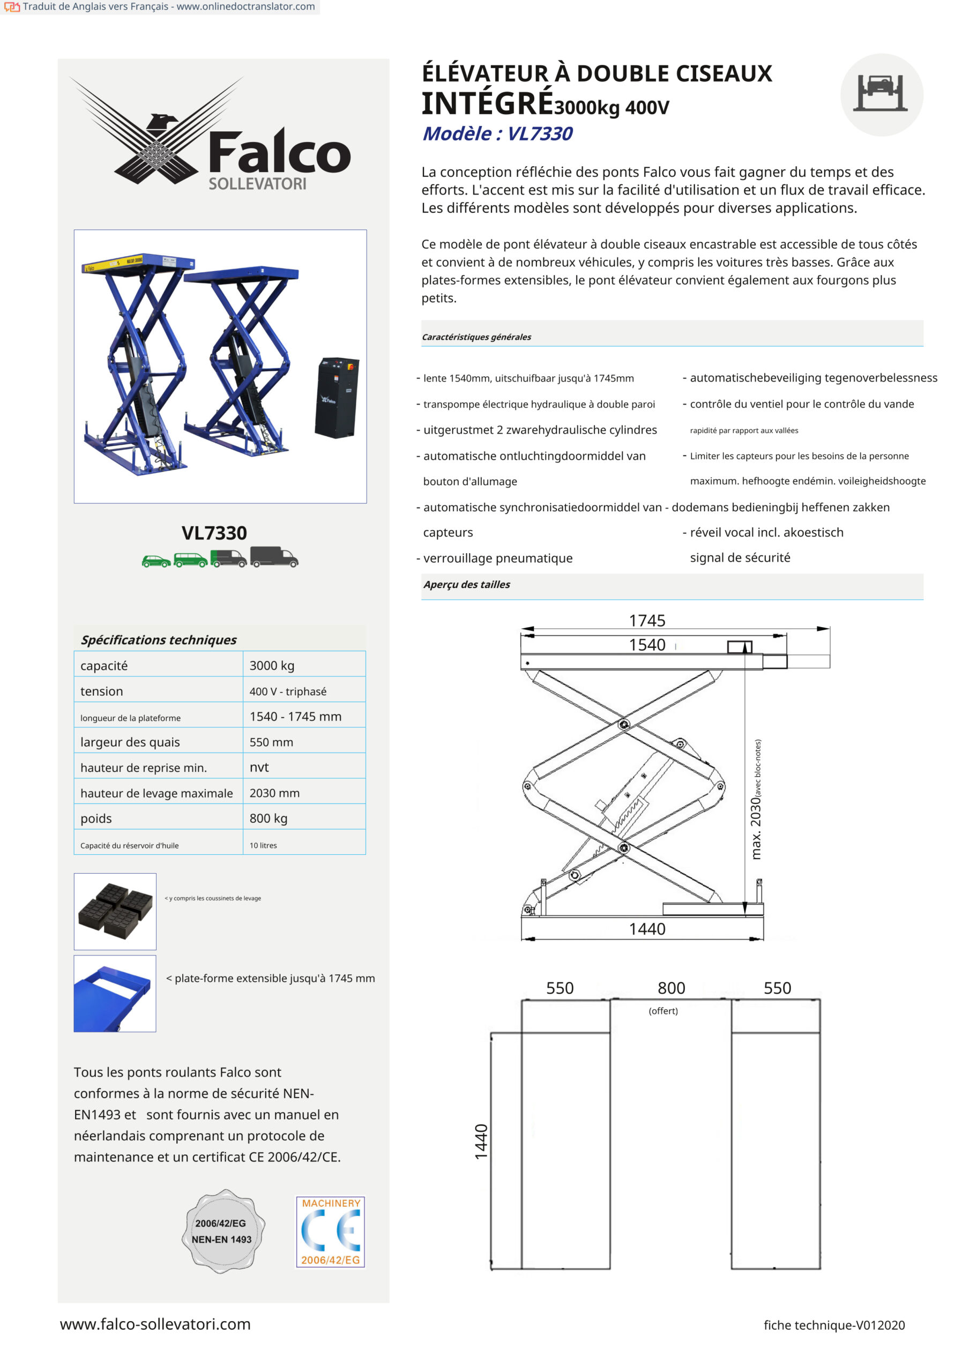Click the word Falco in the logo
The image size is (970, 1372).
(279, 153)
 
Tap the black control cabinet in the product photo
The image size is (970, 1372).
(337, 397)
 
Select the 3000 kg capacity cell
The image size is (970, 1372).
(272, 665)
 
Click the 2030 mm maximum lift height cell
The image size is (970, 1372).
(274, 793)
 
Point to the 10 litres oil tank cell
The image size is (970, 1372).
(263, 845)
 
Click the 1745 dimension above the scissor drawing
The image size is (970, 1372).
(647, 620)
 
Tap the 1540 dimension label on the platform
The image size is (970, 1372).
(647, 645)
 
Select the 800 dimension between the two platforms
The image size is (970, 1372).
(671, 988)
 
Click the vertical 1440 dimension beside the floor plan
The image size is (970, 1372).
(481, 1142)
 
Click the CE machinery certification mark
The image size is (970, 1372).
(331, 1231)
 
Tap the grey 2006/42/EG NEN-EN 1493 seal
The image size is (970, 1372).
(222, 1231)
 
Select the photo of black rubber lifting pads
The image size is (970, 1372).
(115, 911)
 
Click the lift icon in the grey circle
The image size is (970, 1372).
(881, 94)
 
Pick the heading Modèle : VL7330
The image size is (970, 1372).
(497, 133)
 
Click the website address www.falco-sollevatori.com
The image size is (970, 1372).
(155, 1324)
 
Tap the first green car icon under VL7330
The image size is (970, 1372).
(156, 561)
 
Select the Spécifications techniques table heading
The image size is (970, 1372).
(159, 640)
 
